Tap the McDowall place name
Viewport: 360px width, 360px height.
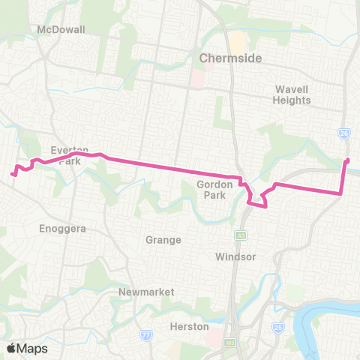click(x=61, y=29)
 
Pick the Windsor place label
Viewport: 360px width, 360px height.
click(x=236, y=256)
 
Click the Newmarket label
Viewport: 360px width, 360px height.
click(x=146, y=291)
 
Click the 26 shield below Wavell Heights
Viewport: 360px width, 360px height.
click(x=343, y=133)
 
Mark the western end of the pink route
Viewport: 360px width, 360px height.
click(x=13, y=175)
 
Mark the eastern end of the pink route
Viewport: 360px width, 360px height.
click(x=347, y=160)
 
